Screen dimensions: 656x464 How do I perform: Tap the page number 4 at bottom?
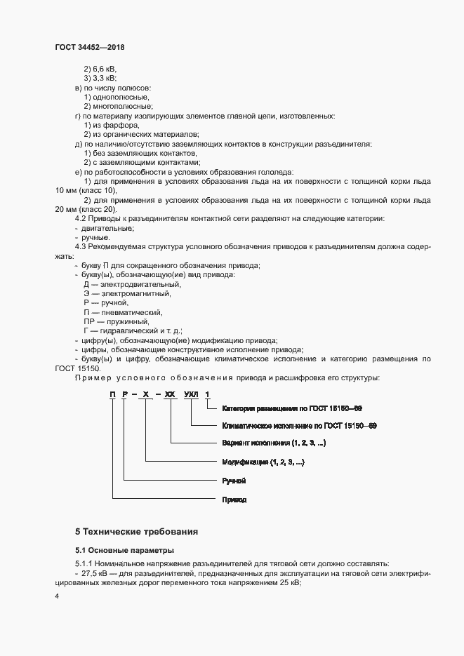pos(57,596)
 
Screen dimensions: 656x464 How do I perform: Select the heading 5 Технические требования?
pos(136,531)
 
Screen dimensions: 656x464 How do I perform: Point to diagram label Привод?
pos(234,500)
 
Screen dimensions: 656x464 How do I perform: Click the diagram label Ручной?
pos(233,481)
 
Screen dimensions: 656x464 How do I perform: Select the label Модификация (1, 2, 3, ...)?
pos(263,462)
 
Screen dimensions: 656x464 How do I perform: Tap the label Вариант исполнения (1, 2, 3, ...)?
pos(273,443)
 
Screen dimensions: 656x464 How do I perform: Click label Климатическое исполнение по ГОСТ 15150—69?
pos(299,425)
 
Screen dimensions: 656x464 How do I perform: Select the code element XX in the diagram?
pos(170,395)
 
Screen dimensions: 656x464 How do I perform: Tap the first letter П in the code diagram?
pos(112,395)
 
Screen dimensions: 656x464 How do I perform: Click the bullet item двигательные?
pos(108,229)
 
